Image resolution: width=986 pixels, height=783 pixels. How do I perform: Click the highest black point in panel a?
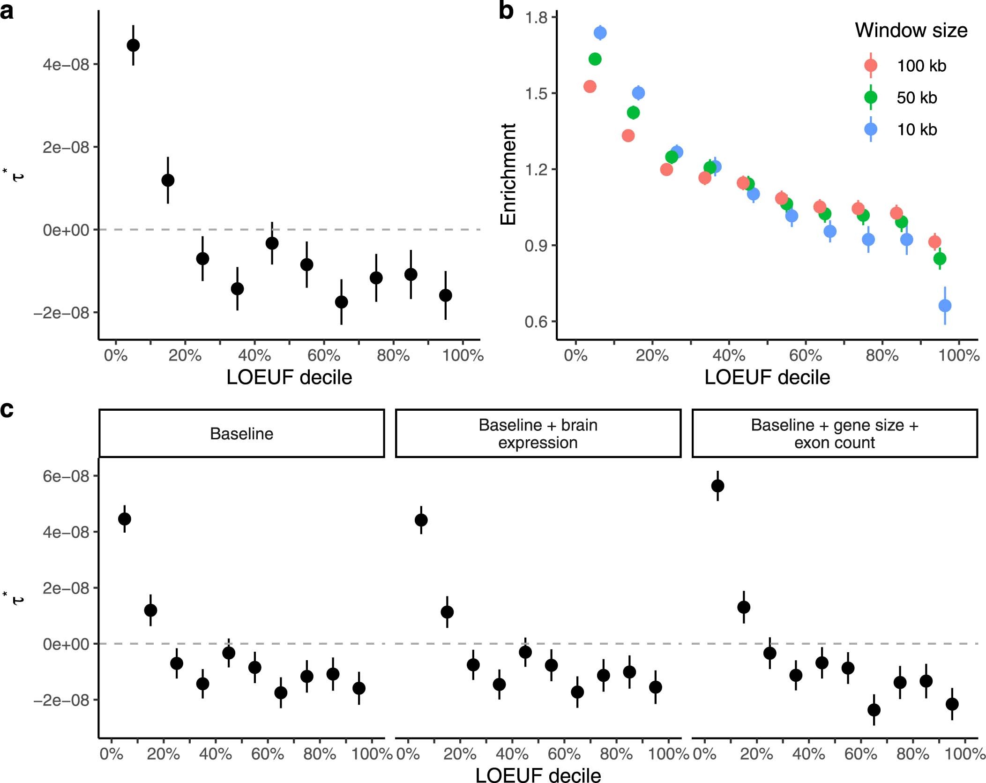click(x=133, y=45)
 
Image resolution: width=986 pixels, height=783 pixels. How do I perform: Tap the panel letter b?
click(x=506, y=11)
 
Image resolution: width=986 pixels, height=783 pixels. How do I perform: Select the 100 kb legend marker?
click(x=871, y=65)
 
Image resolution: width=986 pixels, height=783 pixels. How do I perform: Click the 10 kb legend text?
click(x=917, y=129)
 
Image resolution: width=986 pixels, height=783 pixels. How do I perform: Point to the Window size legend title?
click(x=911, y=30)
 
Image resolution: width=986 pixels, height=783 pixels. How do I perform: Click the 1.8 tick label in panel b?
click(x=537, y=18)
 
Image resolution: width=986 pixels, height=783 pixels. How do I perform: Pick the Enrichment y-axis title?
click(x=508, y=174)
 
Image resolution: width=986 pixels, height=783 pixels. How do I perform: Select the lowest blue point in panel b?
click(x=945, y=306)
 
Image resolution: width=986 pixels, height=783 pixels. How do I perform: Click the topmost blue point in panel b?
click(x=600, y=33)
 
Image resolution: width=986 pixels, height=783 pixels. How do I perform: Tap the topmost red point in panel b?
click(x=590, y=86)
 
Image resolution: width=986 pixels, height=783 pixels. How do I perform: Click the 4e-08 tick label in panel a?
click(x=66, y=64)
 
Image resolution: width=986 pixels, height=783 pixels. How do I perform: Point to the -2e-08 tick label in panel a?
click(x=61, y=313)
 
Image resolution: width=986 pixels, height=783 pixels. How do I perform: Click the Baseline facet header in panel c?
click(x=241, y=434)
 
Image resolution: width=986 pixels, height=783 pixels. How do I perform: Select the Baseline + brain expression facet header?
click(x=538, y=434)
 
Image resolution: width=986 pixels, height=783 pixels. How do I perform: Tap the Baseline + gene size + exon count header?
click(x=834, y=434)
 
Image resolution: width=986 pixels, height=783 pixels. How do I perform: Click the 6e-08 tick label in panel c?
click(x=66, y=476)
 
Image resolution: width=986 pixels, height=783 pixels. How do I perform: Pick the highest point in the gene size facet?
click(x=717, y=486)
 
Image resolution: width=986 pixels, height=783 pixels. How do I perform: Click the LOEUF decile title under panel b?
click(x=767, y=377)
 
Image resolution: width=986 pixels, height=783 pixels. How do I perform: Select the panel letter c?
click(x=7, y=410)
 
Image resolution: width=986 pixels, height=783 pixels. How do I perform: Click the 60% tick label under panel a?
click(x=324, y=355)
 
